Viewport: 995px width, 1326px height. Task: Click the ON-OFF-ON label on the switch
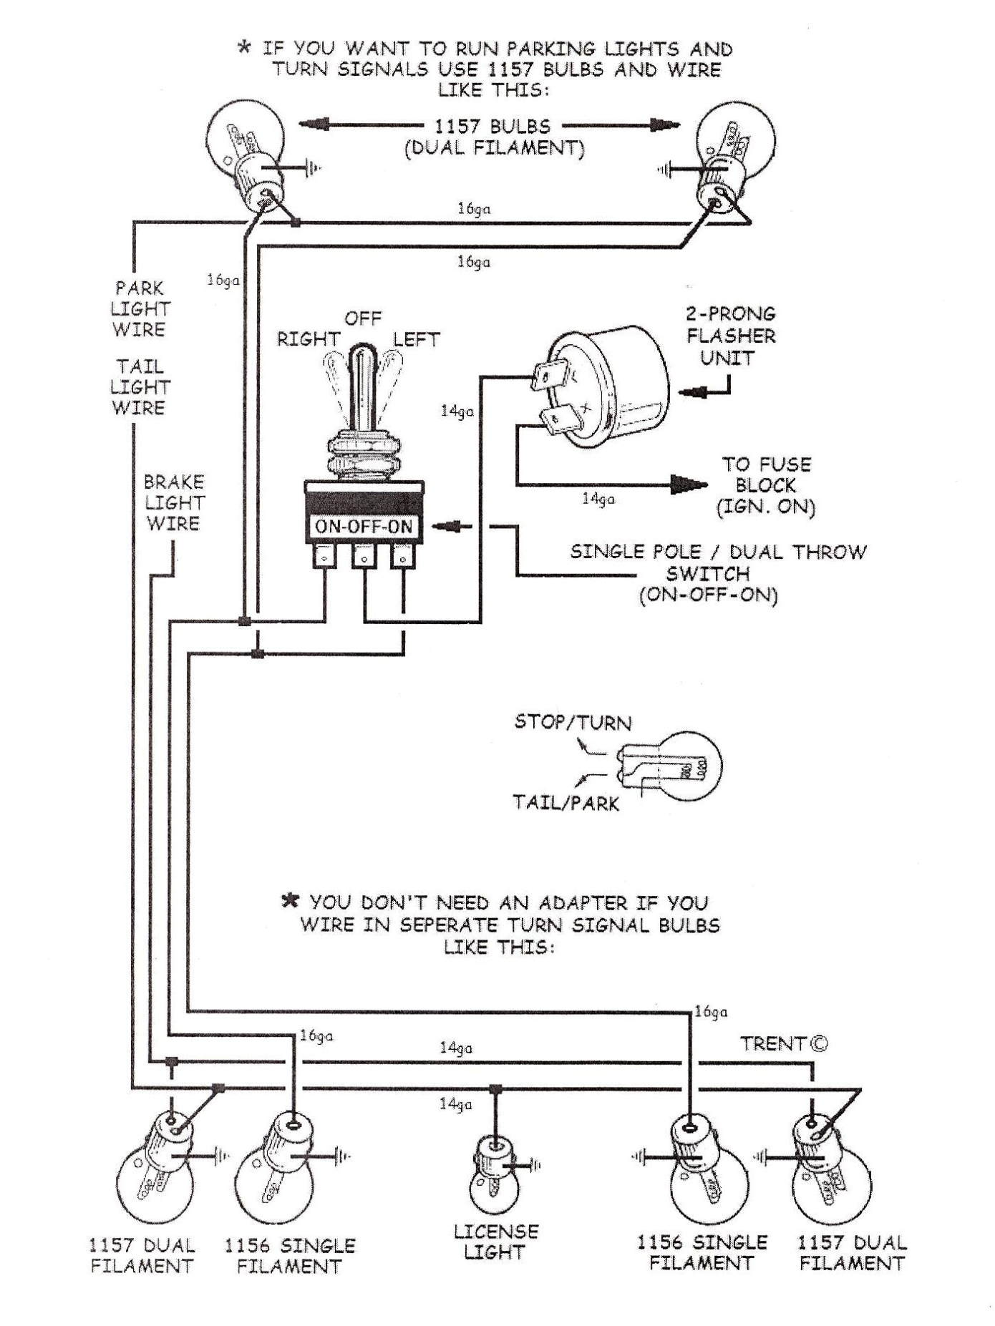tap(364, 527)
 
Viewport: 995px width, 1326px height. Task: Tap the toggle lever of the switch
tap(364, 386)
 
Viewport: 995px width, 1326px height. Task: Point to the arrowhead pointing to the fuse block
tap(687, 484)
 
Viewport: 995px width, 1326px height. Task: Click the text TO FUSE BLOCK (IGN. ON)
tap(766, 486)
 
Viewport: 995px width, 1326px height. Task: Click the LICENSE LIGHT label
tap(495, 1242)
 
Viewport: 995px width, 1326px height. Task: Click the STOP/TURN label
tap(573, 722)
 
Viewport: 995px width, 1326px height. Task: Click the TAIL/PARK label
tap(566, 803)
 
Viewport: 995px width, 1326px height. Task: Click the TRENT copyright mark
tap(784, 1043)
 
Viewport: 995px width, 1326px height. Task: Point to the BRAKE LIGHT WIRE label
tap(174, 502)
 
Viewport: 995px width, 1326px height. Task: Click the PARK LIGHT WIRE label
tap(140, 308)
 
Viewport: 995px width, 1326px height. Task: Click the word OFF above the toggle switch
tap(363, 318)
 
